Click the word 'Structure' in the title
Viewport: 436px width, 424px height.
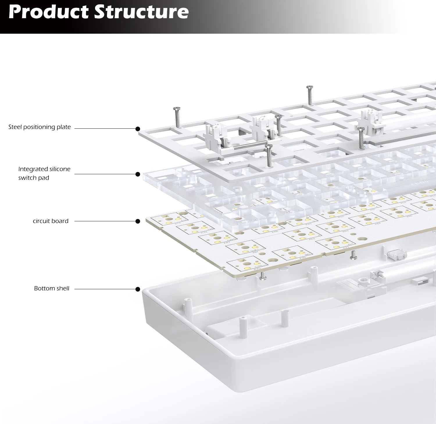point(142,12)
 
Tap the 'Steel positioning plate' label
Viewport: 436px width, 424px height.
point(40,127)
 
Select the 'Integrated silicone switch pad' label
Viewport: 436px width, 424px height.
point(44,173)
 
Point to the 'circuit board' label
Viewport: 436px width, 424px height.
point(51,221)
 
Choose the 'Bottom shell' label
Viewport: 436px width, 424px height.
point(52,288)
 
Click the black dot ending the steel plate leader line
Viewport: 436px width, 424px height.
point(138,129)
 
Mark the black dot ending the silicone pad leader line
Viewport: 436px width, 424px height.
point(138,174)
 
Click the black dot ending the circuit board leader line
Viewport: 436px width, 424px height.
point(138,221)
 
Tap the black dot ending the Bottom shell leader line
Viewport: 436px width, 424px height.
point(138,289)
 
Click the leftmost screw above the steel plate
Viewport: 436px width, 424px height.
point(177,117)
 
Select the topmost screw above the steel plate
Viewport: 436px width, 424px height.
point(310,95)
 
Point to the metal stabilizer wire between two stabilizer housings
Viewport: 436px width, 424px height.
point(250,146)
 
